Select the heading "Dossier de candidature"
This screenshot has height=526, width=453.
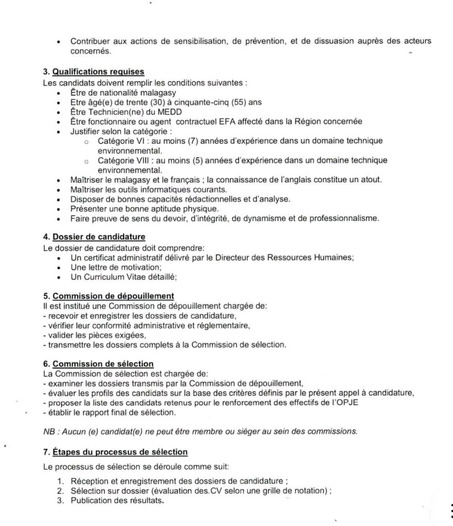[98, 237]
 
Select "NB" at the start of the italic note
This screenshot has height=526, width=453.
[48, 431]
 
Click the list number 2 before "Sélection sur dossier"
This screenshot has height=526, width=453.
[60, 492]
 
